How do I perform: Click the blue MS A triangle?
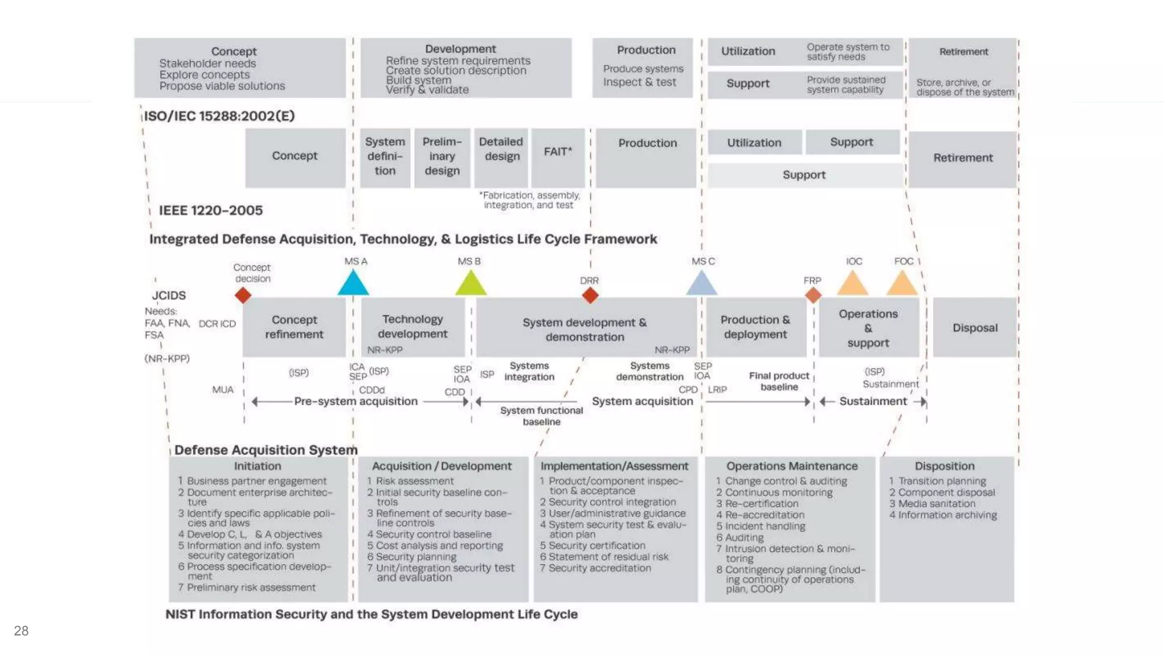pyautogui.click(x=353, y=284)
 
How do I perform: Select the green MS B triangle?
pyautogui.click(x=471, y=284)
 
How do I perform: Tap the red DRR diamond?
pyautogui.click(x=590, y=295)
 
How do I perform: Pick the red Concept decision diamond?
pyautogui.click(x=243, y=295)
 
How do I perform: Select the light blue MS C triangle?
pyautogui.click(x=701, y=284)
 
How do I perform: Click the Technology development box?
pyautogui.click(x=413, y=327)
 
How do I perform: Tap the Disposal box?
pyautogui.click(x=975, y=327)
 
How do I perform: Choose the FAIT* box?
pyautogui.click(x=558, y=157)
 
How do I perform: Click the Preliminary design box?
pyautogui.click(x=442, y=157)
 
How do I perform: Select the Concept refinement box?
pyautogui.click(x=294, y=327)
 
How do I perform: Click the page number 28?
pyautogui.click(x=21, y=631)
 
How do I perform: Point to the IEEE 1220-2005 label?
pyautogui.click(x=211, y=210)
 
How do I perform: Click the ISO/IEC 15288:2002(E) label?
pyautogui.click(x=219, y=116)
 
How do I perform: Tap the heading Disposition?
pyautogui.click(x=945, y=466)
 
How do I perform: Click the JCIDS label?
pyautogui.click(x=169, y=295)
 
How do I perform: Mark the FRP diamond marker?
pyautogui.click(x=813, y=295)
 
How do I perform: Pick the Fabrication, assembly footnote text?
pyautogui.click(x=530, y=200)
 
